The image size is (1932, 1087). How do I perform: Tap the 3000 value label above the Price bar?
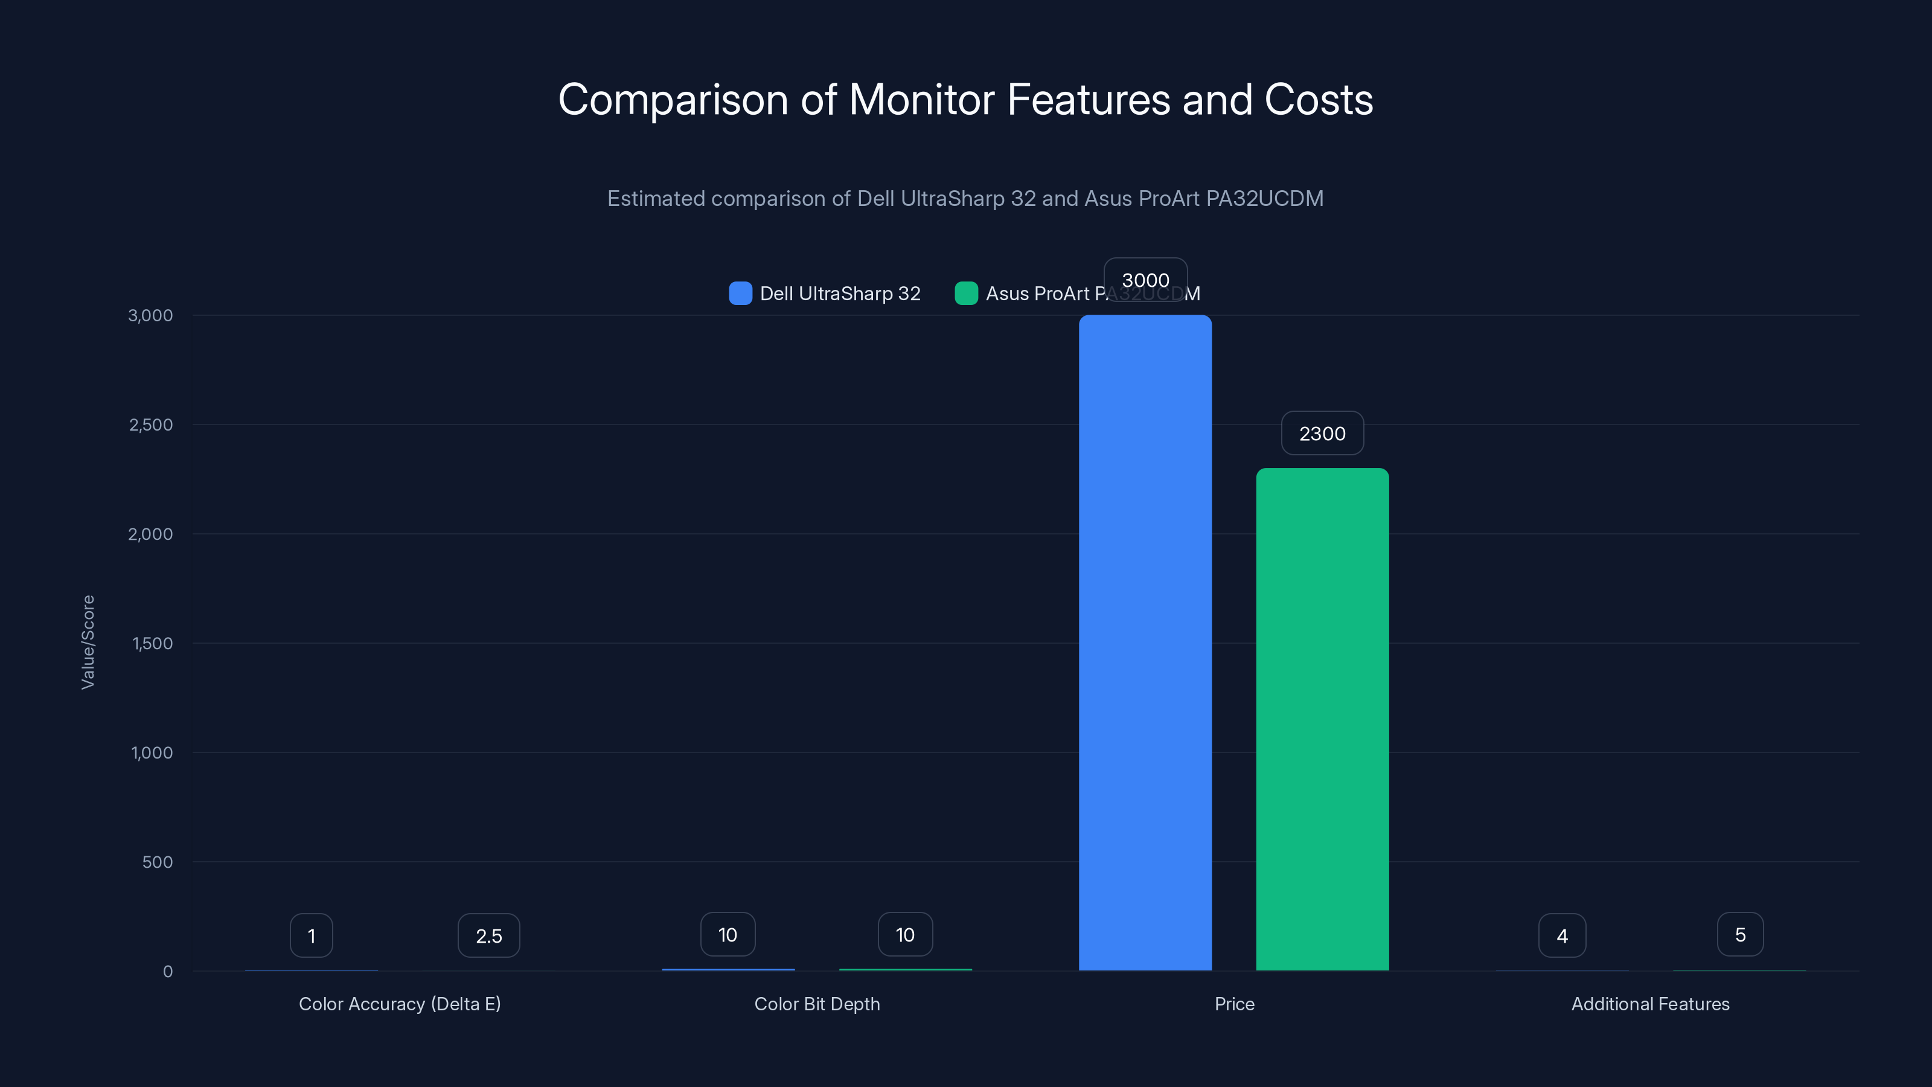click(x=1145, y=280)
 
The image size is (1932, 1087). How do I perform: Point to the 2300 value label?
click(x=1322, y=434)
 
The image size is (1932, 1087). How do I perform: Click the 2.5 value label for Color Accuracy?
click(x=489, y=935)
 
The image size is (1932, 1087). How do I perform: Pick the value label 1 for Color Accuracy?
click(x=312, y=935)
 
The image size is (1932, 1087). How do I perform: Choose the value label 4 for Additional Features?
click(x=1563, y=935)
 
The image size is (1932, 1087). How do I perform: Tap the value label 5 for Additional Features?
click(x=1740, y=935)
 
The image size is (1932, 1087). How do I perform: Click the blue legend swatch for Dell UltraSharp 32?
click(x=740, y=293)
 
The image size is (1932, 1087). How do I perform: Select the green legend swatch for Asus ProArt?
click(x=966, y=293)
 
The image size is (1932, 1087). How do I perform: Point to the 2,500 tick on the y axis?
click(x=151, y=425)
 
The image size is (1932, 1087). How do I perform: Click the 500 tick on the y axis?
click(x=158, y=862)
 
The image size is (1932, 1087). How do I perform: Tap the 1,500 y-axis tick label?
click(x=152, y=644)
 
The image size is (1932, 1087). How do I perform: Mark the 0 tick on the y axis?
click(x=168, y=972)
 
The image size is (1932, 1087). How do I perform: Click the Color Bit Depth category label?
click(x=817, y=1004)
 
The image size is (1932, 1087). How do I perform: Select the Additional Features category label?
click(x=1650, y=1004)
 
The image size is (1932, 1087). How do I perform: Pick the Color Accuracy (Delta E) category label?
click(x=400, y=1004)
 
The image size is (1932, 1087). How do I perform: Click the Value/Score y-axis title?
click(x=88, y=642)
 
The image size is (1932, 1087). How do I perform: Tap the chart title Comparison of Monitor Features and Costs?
click(x=965, y=100)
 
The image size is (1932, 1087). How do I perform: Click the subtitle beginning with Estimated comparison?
click(x=965, y=199)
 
